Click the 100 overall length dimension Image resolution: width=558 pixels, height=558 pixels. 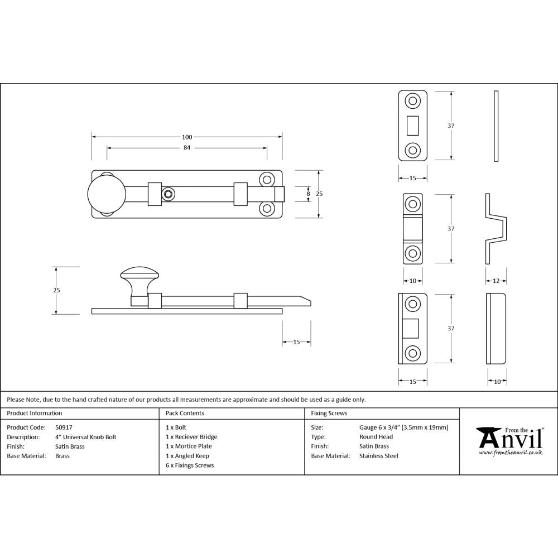(186, 137)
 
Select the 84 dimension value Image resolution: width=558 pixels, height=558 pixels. (186, 148)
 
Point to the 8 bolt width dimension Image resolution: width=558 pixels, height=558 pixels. (308, 193)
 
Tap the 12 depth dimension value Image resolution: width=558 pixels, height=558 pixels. (496, 281)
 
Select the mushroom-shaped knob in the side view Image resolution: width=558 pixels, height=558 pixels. (139, 277)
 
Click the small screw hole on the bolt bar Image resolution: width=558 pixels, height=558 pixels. (168, 194)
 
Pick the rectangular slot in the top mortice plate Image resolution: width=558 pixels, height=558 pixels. (413, 126)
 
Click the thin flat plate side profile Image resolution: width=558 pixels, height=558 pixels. (496, 126)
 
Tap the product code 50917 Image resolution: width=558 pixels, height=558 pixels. (64, 427)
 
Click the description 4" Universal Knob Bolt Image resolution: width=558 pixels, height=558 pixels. (85, 437)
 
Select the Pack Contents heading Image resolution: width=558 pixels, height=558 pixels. (185, 413)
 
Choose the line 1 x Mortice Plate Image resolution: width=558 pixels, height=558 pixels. (189, 446)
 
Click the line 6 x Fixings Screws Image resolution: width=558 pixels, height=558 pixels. (190, 465)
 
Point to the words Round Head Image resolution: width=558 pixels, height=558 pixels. (376, 437)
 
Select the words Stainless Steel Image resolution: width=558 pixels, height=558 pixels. (379, 456)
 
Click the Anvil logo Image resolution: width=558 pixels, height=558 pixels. (509, 438)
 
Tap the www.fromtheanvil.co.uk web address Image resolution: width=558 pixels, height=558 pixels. (511, 453)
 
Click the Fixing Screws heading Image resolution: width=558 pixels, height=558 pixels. (329, 413)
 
